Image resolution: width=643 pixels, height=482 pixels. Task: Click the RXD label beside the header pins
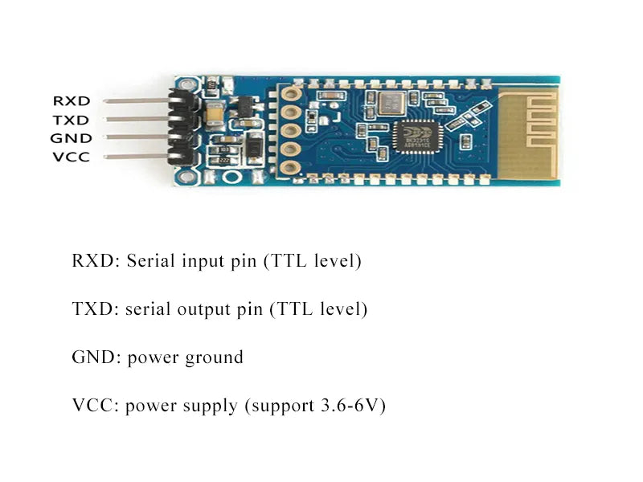click(x=71, y=101)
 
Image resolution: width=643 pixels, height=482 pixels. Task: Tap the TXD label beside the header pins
click(x=71, y=120)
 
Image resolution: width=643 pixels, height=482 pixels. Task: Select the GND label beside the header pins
click(x=71, y=138)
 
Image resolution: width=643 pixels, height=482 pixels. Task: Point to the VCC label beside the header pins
click(x=71, y=157)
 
